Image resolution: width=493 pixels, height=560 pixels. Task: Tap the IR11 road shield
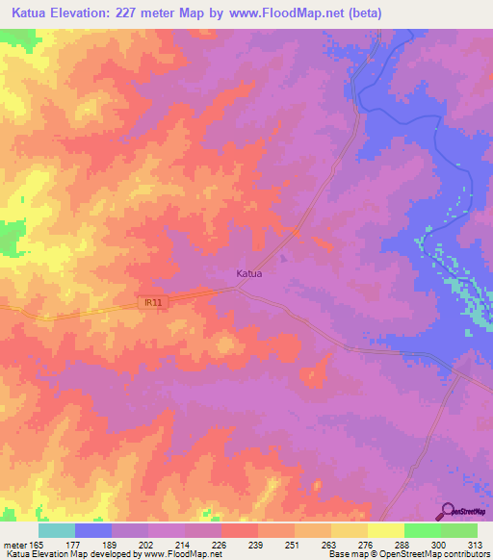tap(151, 302)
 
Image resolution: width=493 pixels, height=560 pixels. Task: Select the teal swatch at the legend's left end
tap(57, 530)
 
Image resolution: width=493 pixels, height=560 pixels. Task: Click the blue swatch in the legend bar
tap(93, 530)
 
